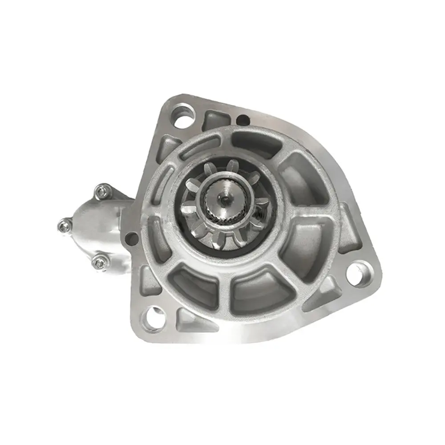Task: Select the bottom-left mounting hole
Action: [152, 318]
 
